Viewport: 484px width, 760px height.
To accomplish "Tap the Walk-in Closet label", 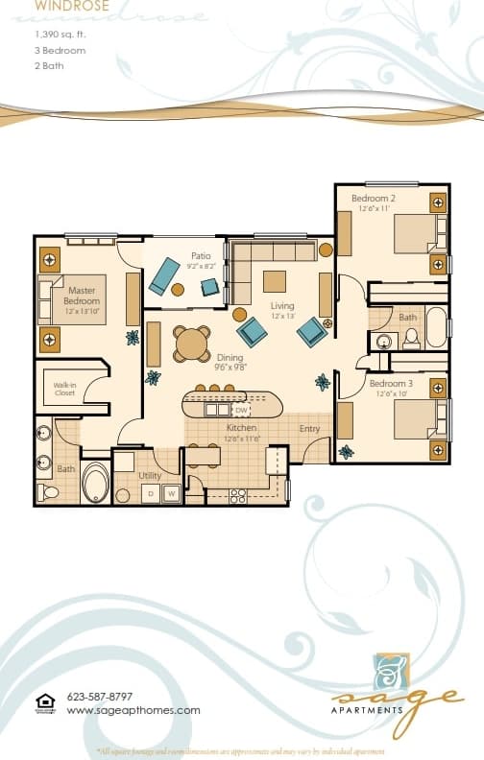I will pos(64,389).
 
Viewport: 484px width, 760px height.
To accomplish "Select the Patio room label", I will pos(201,256).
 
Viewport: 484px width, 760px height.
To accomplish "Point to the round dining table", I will pos(191,342).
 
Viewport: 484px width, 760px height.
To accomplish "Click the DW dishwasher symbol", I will pos(240,410).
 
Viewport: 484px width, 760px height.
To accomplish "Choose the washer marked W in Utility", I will pos(171,493).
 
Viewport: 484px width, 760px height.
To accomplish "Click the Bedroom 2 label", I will pos(374,199).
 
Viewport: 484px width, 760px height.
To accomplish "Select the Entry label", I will pos(309,429).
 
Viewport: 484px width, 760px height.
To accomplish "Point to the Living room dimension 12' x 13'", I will pos(282,317).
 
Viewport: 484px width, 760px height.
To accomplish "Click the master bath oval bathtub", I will pos(96,483).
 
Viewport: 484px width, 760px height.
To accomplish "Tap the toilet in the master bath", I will pos(49,492).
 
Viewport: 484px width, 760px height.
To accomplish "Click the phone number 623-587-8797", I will pos(100,697).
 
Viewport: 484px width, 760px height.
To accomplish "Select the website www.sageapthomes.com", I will pos(133,710).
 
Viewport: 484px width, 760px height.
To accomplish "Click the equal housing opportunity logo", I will pos(44,702).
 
